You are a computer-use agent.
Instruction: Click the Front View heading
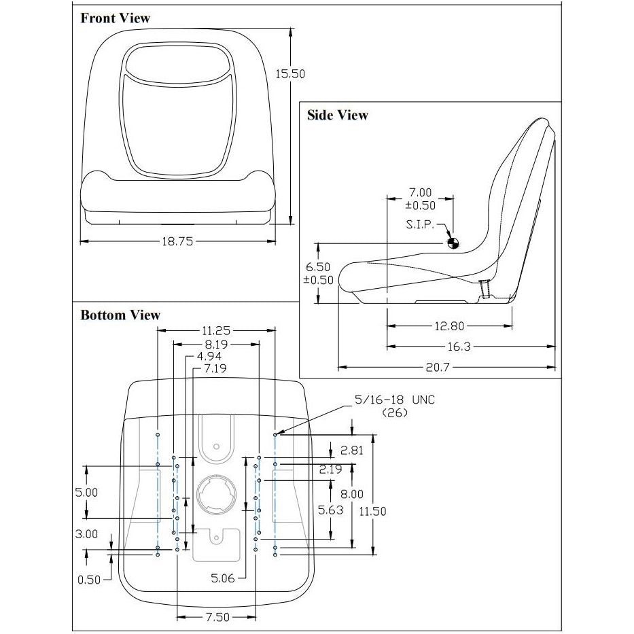click(116, 18)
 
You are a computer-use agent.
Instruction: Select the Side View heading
click(338, 116)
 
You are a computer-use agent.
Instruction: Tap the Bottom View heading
click(120, 315)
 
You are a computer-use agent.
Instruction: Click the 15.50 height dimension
click(290, 74)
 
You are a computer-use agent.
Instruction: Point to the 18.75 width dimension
click(177, 242)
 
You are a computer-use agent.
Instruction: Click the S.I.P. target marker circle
click(453, 243)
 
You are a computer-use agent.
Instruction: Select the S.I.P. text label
click(420, 224)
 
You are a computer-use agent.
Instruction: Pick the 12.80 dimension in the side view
click(449, 326)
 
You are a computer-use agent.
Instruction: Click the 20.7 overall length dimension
click(438, 367)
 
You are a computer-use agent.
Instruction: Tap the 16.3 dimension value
click(459, 347)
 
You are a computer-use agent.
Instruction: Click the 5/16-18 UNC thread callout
click(395, 400)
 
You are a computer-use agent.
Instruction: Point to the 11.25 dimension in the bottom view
click(216, 331)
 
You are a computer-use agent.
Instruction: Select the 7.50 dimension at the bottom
click(217, 617)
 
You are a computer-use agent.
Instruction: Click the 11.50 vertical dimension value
click(373, 512)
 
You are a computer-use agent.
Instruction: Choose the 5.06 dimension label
click(223, 578)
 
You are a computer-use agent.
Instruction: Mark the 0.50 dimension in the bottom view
click(89, 580)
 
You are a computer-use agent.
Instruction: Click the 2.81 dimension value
click(352, 450)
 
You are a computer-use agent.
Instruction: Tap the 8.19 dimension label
click(216, 345)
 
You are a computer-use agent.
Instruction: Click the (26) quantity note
click(395, 413)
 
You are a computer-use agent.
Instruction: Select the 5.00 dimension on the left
click(86, 493)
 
